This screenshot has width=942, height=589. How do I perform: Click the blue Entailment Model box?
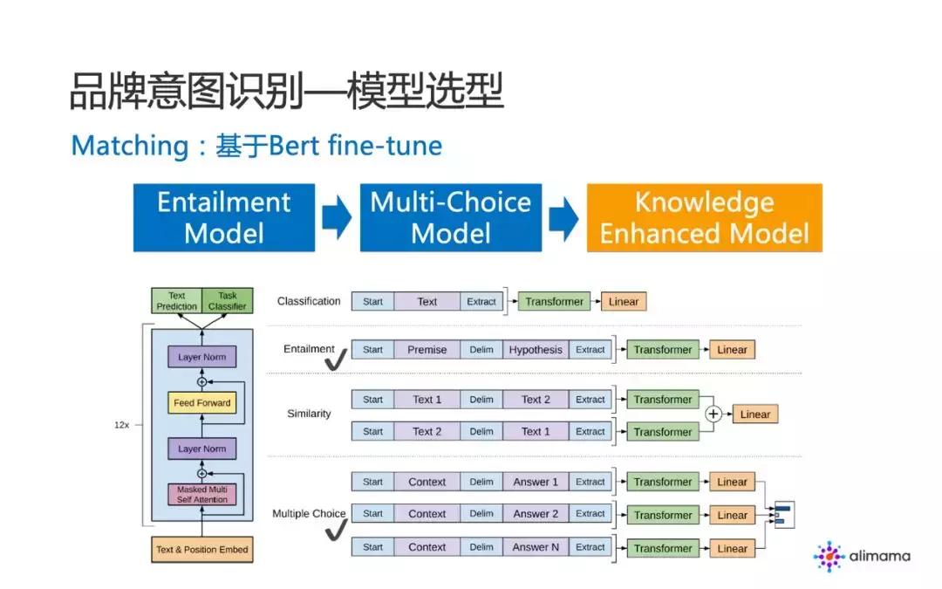pos(224,217)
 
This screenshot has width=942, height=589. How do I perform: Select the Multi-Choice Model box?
pos(451,217)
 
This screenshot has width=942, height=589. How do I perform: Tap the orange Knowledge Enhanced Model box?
pos(704,217)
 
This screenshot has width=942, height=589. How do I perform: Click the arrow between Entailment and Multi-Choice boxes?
pos(337,218)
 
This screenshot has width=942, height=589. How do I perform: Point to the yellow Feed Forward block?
pos(201,403)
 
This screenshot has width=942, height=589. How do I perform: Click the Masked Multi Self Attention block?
pos(201,495)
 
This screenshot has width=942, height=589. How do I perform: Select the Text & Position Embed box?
pos(201,550)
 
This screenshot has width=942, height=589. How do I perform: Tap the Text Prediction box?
pos(177,301)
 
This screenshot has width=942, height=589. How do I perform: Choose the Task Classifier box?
pos(227,301)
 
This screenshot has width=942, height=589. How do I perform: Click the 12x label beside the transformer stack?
pos(121,425)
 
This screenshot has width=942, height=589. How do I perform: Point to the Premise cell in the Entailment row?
pos(427,350)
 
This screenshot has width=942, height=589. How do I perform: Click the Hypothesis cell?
pos(536,350)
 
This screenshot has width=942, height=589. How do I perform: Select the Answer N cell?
pos(536,548)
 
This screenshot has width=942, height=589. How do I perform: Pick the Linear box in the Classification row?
pos(624,302)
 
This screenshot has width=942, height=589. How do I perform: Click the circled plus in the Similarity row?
pos(713,414)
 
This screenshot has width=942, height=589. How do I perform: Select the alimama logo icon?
pos(829,556)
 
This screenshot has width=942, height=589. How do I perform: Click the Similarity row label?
pos(309,414)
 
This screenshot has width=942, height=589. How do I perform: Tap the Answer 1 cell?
pos(536,482)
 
